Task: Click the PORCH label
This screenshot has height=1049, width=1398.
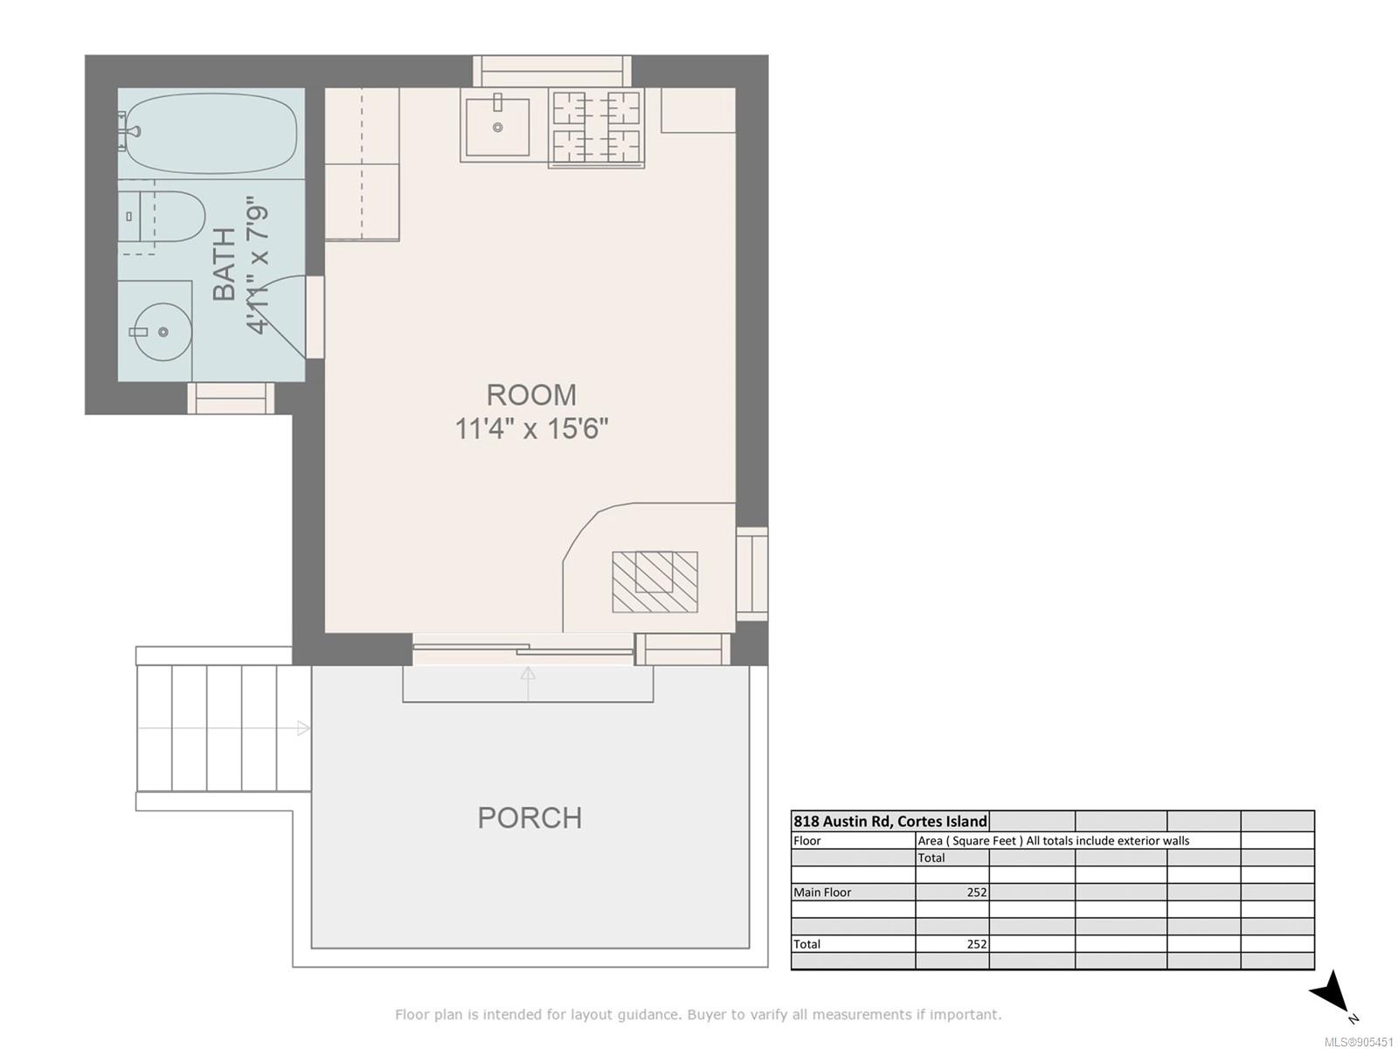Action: [x=529, y=818]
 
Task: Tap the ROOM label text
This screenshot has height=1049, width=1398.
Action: [x=531, y=395]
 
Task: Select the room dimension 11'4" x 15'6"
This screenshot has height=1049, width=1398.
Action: [x=531, y=428]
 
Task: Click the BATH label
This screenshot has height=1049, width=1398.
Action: [x=225, y=264]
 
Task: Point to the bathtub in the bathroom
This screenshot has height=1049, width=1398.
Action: [x=211, y=134]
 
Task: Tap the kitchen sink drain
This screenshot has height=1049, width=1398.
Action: [x=497, y=128]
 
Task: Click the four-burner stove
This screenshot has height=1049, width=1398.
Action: [x=596, y=128]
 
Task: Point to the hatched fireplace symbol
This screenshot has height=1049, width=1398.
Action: [x=654, y=582]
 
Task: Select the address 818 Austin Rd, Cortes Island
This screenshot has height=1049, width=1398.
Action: [x=889, y=821]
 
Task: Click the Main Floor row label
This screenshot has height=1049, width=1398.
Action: [x=821, y=893]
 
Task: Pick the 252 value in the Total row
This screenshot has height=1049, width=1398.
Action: [x=976, y=944]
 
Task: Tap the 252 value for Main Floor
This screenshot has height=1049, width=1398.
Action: [x=976, y=893]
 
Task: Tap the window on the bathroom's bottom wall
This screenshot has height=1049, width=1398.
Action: [x=231, y=398]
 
